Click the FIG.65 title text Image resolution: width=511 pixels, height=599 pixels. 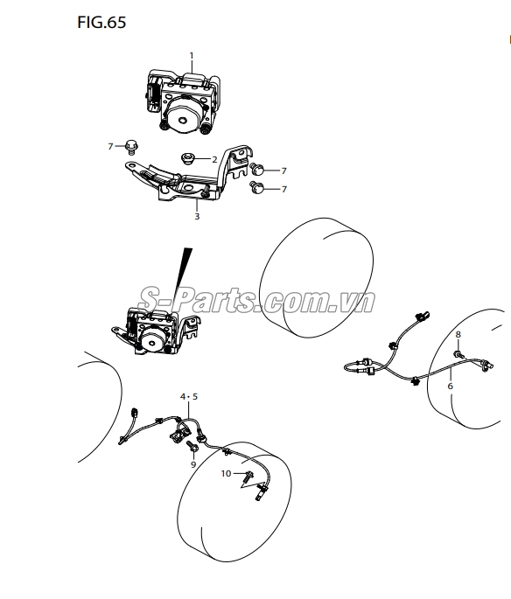coord(101,22)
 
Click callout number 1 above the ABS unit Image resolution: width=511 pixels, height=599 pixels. coord(192,56)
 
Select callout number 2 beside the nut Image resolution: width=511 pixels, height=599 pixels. coord(214,160)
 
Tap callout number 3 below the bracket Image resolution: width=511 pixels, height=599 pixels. coord(197,217)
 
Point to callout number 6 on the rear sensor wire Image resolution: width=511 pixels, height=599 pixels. coord(451,386)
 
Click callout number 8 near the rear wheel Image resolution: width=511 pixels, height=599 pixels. coord(458,334)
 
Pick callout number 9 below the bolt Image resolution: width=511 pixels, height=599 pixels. coord(193,464)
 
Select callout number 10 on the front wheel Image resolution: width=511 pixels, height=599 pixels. coord(227,474)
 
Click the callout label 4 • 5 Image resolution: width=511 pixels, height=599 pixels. coord(189,396)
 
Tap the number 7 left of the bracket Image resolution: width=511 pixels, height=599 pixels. coord(110,146)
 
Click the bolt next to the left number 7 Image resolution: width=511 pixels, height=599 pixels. coord(131,147)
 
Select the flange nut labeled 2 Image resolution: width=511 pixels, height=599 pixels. coord(187,158)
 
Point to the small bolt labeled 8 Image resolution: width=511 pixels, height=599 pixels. coord(459,355)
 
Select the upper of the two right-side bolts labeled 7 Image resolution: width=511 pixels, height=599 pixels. coord(256,169)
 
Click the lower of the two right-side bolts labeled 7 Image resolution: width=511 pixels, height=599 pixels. coord(256,187)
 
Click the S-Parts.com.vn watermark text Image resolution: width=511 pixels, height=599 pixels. coord(256,300)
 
